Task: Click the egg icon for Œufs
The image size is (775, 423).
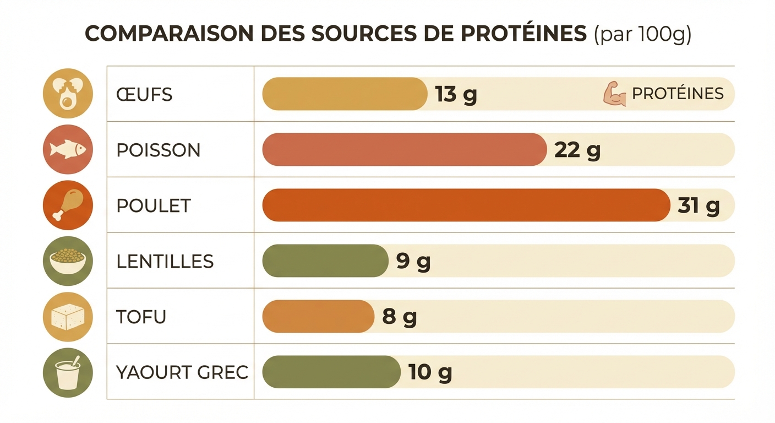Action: [x=68, y=93]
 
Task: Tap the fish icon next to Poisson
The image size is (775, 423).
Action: [x=68, y=149]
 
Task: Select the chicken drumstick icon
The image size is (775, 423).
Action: [x=68, y=205]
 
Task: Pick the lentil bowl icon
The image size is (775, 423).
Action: [x=68, y=261]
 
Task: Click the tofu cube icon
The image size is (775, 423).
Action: [x=68, y=317]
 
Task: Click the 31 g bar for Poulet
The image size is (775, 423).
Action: [x=466, y=205]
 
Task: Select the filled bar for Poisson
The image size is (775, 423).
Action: [x=405, y=149]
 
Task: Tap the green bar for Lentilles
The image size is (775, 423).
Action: [x=325, y=261]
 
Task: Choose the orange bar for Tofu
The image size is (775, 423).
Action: [x=318, y=317]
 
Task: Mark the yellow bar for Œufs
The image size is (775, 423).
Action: [x=345, y=94]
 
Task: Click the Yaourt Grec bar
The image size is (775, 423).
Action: [x=331, y=372]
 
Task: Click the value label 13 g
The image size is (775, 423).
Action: [x=456, y=95]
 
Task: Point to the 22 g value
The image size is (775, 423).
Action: [x=577, y=150]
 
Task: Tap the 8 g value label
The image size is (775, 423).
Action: [x=400, y=317]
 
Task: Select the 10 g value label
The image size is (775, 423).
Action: [x=430, y=373]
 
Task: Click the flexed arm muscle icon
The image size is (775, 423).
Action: [x=615, y=94]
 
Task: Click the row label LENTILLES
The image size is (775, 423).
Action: [x=165, y=262]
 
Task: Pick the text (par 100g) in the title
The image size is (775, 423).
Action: [x=642, y=34]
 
